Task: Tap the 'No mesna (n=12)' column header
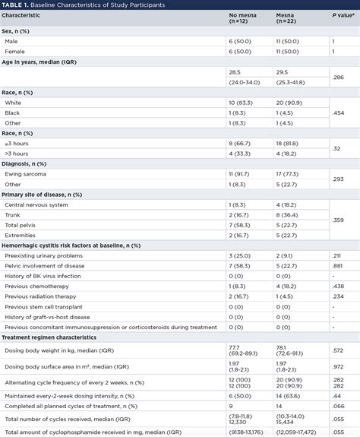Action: (243, 19)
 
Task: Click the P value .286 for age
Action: (339, 78)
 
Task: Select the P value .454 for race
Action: (339, 112)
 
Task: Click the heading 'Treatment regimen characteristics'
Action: (52, 337)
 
